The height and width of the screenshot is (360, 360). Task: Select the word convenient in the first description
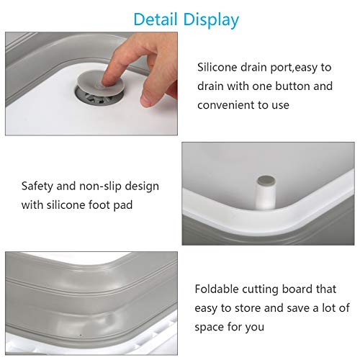[x=228, y=105]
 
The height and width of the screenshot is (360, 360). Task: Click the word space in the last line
[x=211, y=327]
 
